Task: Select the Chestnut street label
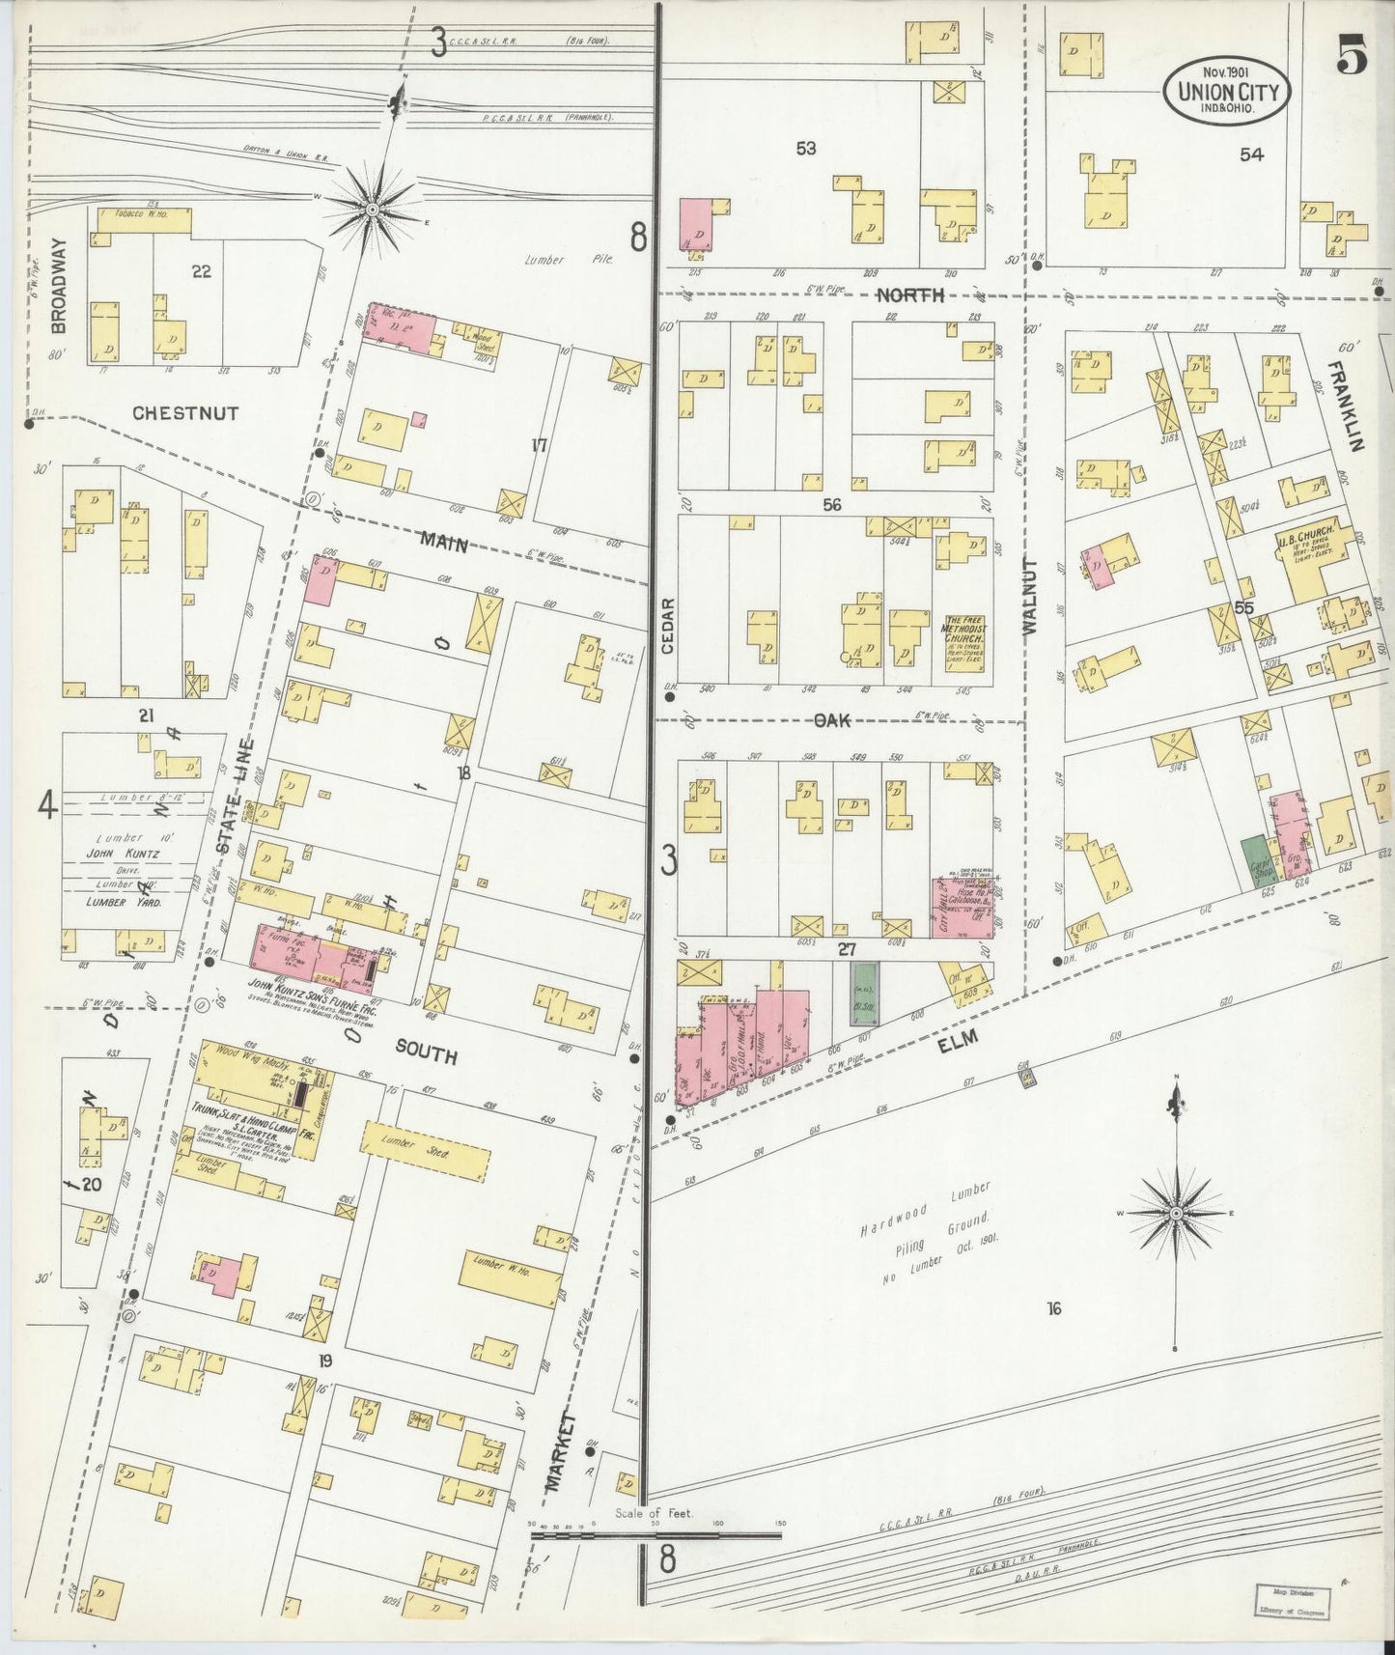coord(185,413)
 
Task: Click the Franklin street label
coord(1349,407)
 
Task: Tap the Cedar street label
coord(668,625)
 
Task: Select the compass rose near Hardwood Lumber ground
coord(1177,1212)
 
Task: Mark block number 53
coord(805,148)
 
